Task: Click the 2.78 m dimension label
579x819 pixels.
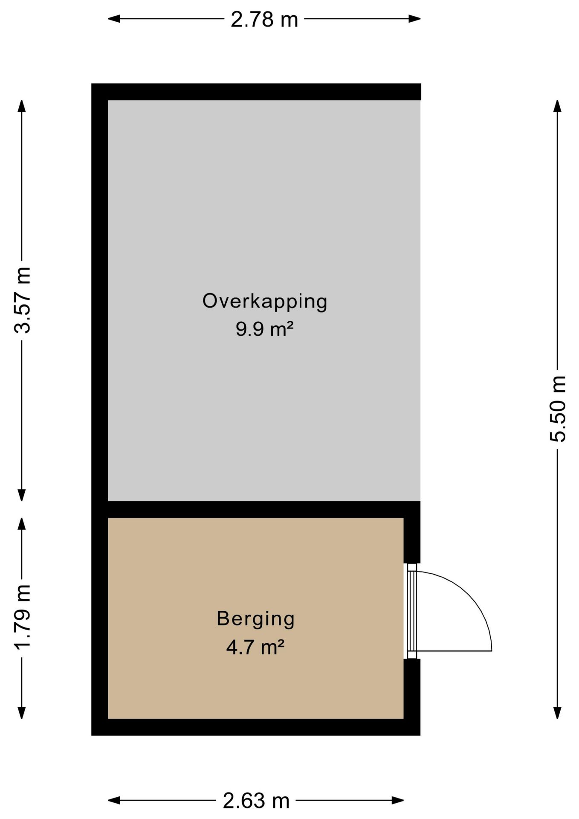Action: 264,20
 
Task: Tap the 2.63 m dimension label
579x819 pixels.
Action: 256,801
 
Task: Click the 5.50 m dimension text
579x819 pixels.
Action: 557,409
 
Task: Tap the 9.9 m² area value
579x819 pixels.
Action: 265,329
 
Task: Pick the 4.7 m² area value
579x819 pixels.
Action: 255,647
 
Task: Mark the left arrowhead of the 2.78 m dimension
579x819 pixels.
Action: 113,18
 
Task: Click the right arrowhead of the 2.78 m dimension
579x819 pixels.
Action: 415,18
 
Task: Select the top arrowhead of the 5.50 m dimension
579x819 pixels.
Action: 557,106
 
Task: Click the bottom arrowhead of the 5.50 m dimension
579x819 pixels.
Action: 557,713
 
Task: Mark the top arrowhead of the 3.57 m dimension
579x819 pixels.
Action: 22,106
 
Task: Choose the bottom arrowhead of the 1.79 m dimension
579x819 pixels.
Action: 22,713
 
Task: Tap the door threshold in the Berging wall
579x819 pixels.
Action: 411,611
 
